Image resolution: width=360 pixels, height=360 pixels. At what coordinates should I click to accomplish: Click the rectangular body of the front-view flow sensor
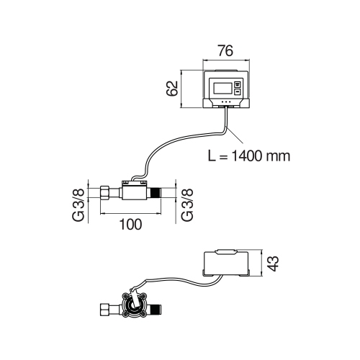[x=132, y=192]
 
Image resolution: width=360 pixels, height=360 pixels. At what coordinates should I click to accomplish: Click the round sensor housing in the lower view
[x=133, y=307]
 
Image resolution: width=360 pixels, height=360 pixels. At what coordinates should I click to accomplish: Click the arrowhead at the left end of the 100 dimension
[x=102, y=212]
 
